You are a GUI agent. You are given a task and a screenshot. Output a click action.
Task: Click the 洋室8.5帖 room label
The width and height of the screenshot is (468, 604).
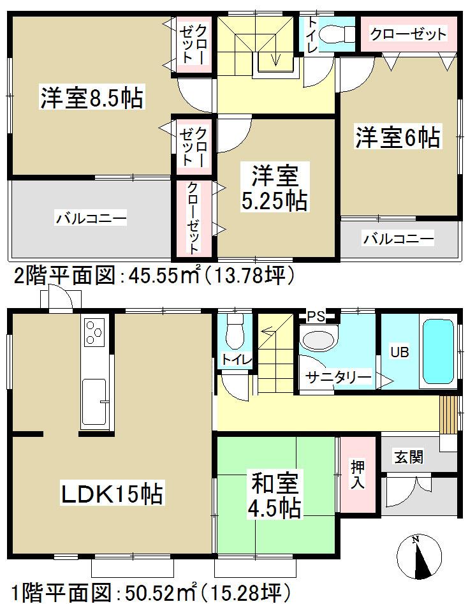[92, 99]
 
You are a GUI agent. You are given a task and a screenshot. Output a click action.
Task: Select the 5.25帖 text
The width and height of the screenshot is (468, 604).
[274, 202]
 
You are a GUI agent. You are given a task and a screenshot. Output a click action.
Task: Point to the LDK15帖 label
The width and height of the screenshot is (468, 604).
[112, 493]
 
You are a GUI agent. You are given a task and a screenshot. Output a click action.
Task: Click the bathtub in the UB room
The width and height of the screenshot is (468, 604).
[438, 352]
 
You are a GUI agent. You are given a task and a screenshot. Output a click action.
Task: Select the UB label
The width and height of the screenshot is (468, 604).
[400, 352]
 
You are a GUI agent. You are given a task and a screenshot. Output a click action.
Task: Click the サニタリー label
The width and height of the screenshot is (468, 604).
[338, 378]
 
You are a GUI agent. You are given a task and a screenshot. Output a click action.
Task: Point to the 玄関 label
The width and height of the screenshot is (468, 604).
[407, 457]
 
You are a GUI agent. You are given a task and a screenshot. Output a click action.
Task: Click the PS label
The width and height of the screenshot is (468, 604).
[316, 315]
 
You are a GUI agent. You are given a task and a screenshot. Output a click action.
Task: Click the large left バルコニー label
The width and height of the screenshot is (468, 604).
[91, 219]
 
